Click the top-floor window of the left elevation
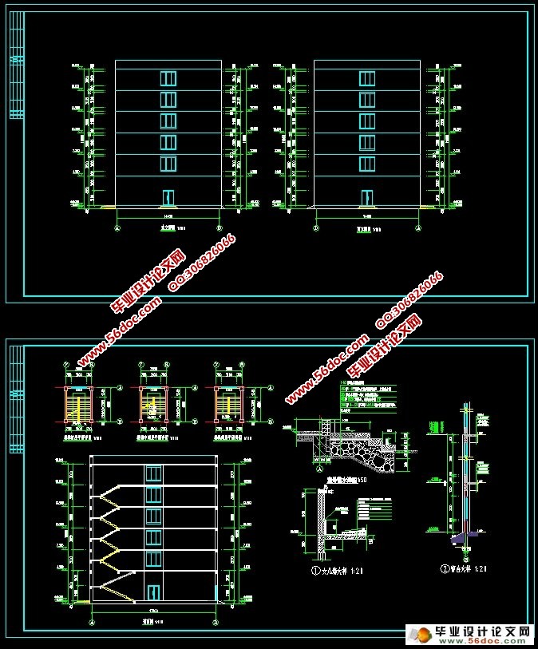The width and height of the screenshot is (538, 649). click(168, 78)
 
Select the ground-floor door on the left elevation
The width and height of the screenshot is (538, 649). click(168, 197)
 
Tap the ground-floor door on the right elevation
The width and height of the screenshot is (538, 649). click(366, 197)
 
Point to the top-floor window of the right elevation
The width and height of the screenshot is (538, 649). click(367, 78)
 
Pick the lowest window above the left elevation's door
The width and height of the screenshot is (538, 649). click(168, 164)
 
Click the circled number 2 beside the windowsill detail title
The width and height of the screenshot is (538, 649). click(445, 570)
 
